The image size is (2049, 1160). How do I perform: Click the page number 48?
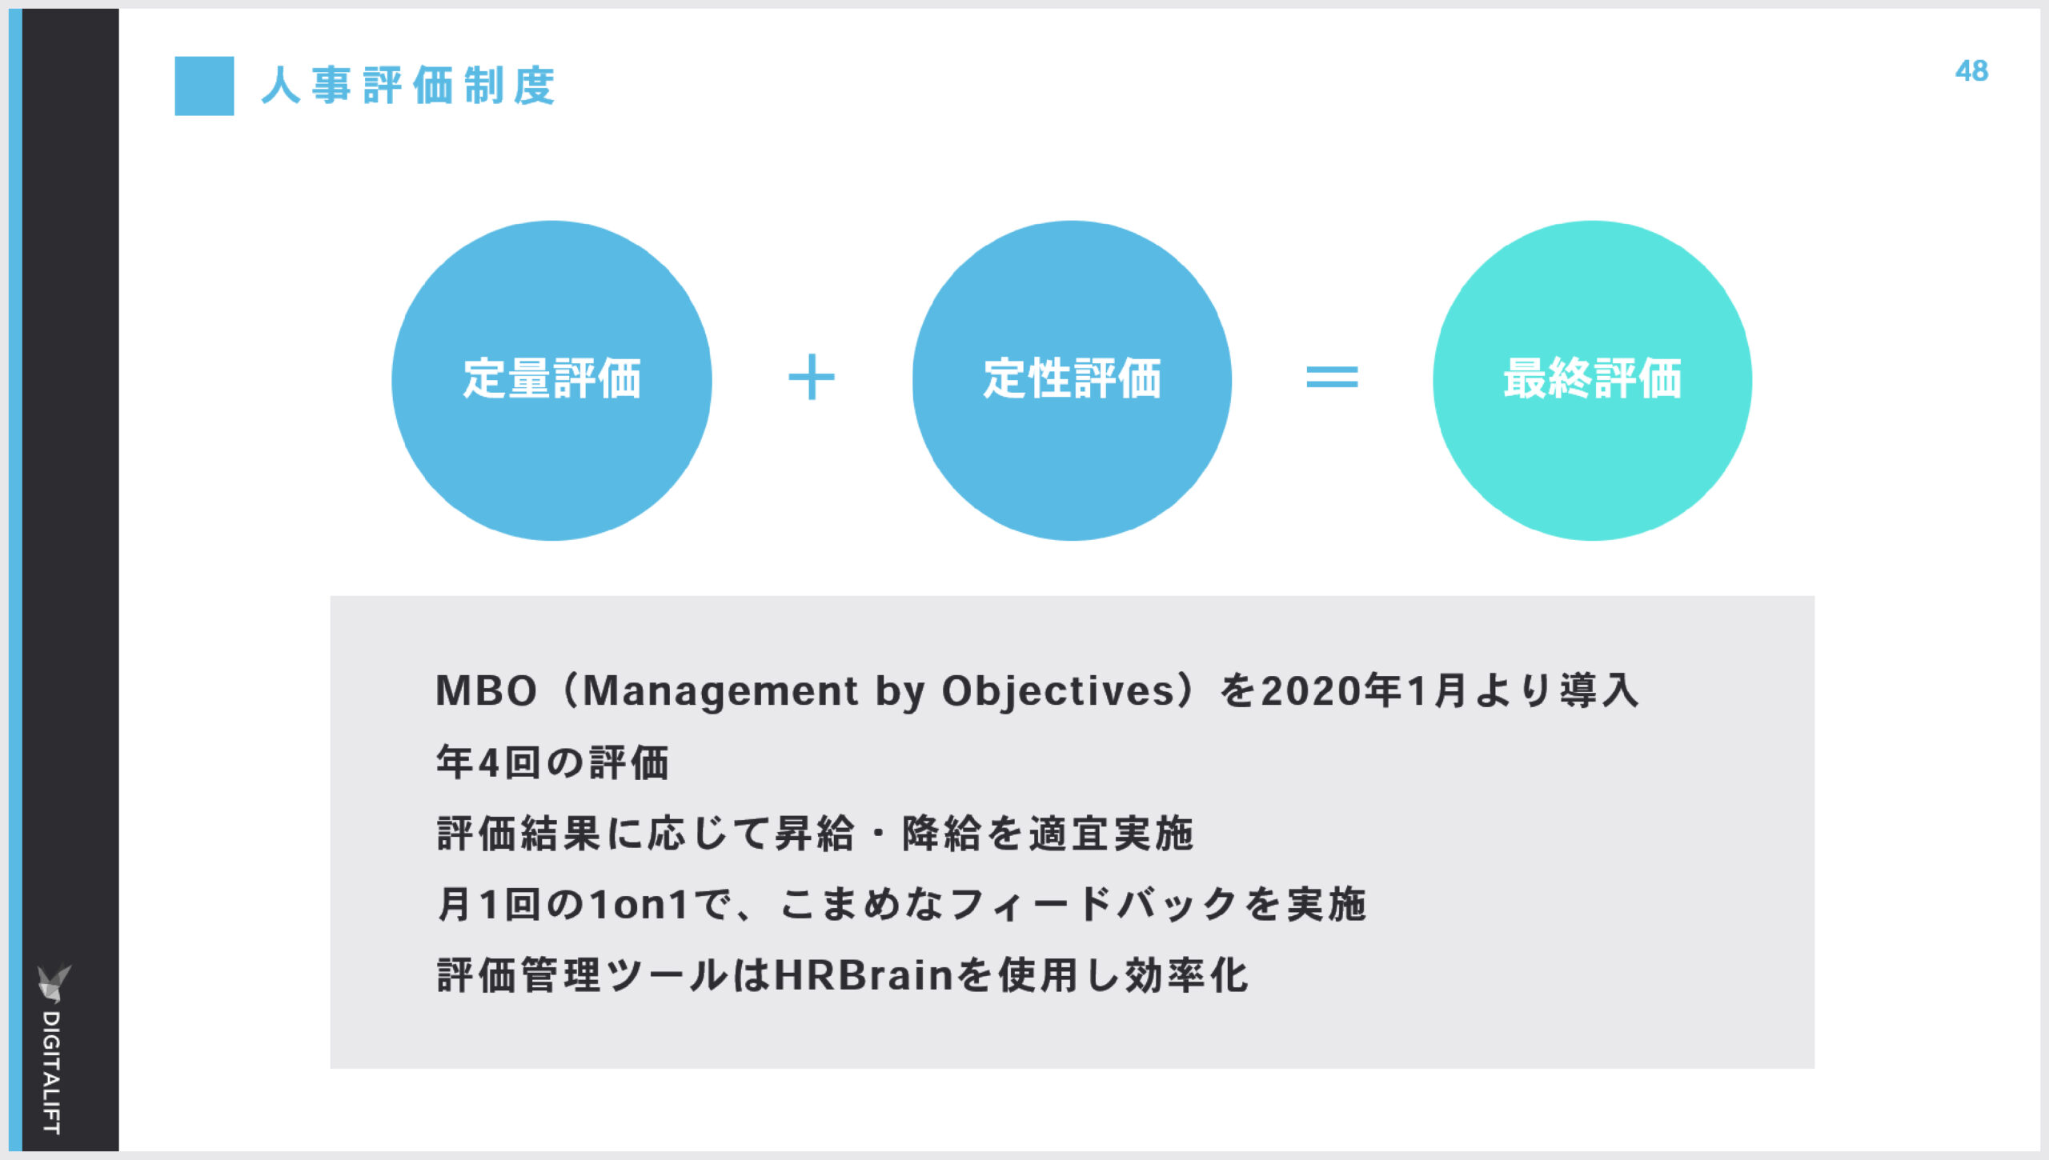click(1971, 71)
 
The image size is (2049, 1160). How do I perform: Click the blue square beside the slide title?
click(204, 86)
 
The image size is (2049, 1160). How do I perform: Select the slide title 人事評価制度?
click(408, 86)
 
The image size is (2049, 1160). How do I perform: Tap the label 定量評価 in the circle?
click(552, 378)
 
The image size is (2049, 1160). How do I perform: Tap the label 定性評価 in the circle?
click(1073, 378)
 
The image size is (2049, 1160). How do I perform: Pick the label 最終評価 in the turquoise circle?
click(1593, 378)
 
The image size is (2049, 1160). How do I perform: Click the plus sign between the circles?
click(812, 377)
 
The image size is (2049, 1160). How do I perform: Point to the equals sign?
click(1332, 377)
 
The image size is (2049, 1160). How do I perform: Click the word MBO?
click(486, 690)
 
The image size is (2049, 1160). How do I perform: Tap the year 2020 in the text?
click(1312, 691)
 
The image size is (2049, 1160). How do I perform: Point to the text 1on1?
click(639, 905)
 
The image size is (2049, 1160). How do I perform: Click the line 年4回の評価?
click(552, 762)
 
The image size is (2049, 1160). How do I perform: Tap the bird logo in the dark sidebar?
click(54, 982)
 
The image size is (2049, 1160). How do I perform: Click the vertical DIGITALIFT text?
click(52, 1072)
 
